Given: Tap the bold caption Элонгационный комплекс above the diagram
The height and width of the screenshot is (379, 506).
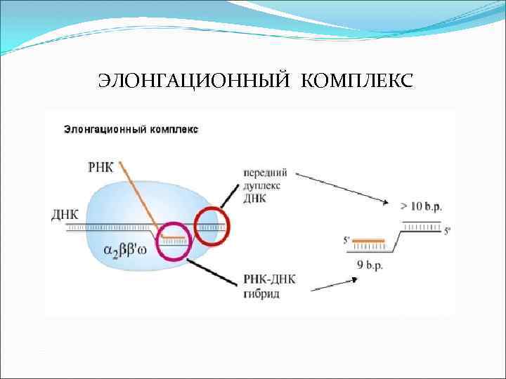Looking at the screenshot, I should click(x=131, y=130).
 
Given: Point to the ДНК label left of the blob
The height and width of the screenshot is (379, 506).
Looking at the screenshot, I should click(x=65, y=214).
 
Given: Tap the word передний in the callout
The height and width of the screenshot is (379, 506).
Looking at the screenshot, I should click(x=265, y=173).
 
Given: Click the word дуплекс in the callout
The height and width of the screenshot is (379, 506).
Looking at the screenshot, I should click(x=263, y=186).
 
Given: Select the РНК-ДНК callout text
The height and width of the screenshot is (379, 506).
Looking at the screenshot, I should click(x=268, y=281).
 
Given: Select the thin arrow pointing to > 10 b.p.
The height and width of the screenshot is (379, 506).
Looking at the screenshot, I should click(x=342, y=187).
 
